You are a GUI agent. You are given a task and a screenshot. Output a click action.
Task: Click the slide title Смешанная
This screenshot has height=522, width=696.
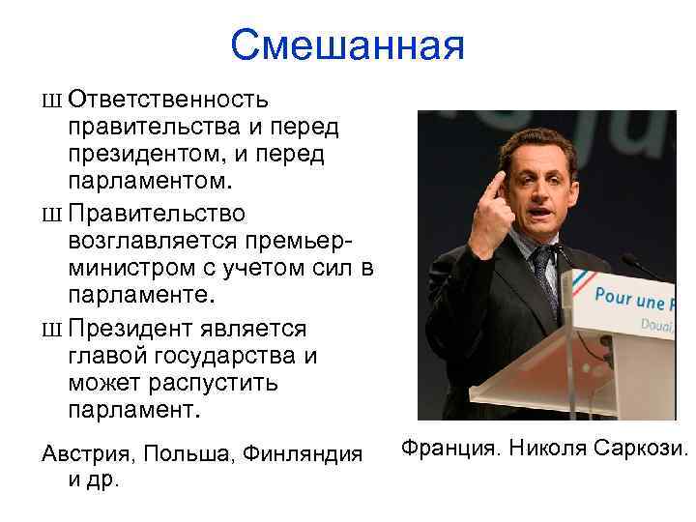[348, 43]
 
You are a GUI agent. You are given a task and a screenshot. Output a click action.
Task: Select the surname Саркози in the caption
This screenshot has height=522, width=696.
[644, 449]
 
